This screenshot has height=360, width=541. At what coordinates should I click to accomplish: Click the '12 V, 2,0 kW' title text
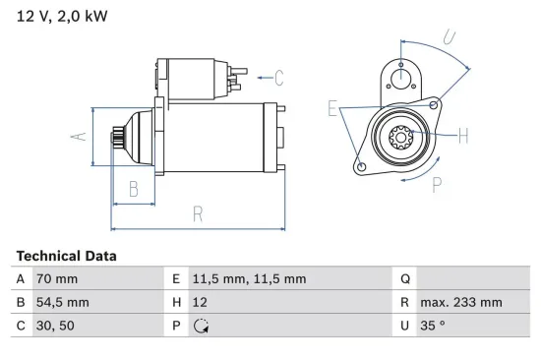tap(60, 17)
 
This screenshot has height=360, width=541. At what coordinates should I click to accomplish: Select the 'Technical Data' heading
tap(67, 256)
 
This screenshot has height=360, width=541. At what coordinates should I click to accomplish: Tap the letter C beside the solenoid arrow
tap(278, 77)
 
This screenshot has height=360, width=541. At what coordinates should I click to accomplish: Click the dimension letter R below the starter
tap(197, 212)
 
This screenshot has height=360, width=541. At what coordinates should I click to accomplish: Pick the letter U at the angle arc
tap(449, 38)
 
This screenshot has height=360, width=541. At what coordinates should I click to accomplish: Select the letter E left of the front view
tap(333, 108)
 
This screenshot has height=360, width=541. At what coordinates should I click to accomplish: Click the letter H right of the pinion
tap(463, 136)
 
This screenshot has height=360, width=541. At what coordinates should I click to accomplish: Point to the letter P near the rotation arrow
tap(436, 182)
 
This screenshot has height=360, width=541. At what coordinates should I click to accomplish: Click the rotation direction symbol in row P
tap(202, 327)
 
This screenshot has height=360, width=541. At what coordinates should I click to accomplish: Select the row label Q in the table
tap(405, 279)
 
